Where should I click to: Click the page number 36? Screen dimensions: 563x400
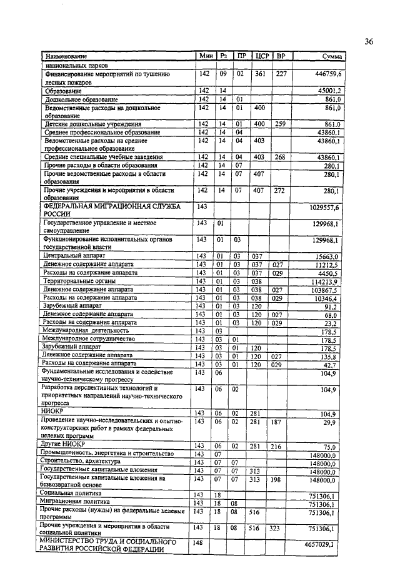point(369,42)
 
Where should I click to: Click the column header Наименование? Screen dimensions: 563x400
point(65,57)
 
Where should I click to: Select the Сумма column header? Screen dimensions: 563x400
point(331,57)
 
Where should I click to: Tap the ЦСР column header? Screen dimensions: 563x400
point(262,57)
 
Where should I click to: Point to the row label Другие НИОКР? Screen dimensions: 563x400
point(59,445)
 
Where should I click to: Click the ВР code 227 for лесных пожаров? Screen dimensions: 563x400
point(282,74)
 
